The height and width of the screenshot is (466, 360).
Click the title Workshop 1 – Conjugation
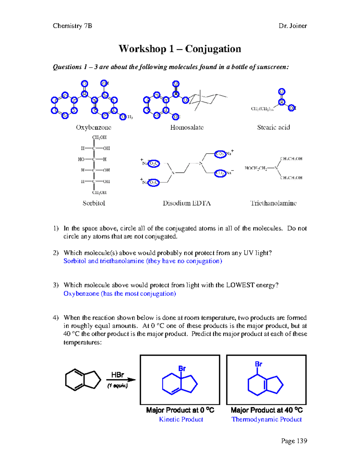(180, 49)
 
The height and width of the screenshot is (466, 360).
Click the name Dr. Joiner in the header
(292, 26)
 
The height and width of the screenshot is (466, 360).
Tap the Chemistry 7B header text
(72, 26)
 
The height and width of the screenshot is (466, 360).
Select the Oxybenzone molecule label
(94, 127)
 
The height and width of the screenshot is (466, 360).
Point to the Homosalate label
(187, 127)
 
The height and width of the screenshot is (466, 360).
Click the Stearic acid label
(273, 127)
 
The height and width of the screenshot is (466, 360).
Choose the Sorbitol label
(94, 203)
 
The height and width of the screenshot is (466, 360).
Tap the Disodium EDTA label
(187, 203)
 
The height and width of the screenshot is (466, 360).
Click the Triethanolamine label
(273, 203)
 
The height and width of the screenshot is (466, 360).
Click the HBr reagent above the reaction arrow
(118, 375)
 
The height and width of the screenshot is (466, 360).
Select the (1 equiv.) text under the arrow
(118, 386)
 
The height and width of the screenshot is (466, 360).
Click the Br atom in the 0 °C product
(182, 368)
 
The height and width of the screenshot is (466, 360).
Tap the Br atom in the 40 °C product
(259, 364)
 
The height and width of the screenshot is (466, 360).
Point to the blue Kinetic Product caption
(181, 419)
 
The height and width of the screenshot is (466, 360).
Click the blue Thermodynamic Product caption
(266, 419)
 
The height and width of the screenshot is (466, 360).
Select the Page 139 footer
(294, 441)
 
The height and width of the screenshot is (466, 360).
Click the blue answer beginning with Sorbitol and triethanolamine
(143, 261)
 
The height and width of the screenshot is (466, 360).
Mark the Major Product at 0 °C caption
(180, 410)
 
